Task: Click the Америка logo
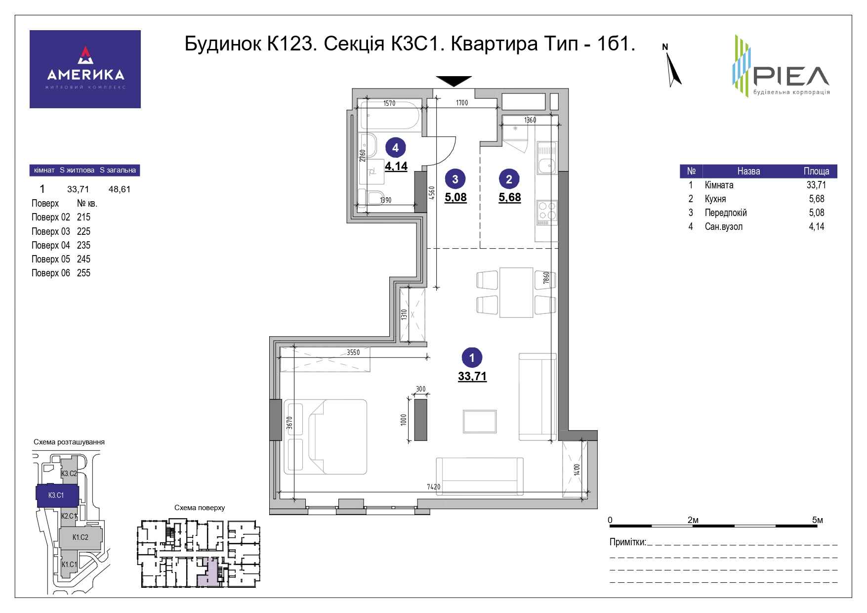(x=85, y=69)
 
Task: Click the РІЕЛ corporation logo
(x=780, y=66)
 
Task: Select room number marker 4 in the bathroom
(x=395, y=147)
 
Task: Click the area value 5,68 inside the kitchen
(x=510, y=197)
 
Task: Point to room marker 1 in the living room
(x=472, y=357)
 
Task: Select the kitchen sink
(x=546, y=158)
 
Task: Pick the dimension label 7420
(x=433, y=486)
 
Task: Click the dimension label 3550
(x=353, y=352)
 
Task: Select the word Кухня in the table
(x=715, y=199)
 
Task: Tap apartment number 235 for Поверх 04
(x=83, y=245)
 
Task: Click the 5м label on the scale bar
(x=818, y=520)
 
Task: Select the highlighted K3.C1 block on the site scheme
(x=57, y=495)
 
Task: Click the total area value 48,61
(x=119, y=189)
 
